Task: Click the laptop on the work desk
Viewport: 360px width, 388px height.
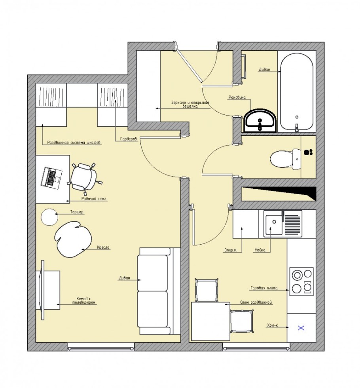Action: click(x=51, y=178)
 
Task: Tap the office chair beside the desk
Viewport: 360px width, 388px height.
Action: click(x=84, y=177)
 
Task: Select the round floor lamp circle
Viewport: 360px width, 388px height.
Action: click(x=49, y=217)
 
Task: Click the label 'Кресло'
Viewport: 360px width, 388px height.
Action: click(x=103, y=247)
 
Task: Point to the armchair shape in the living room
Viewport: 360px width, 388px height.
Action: click(x=73, y=239)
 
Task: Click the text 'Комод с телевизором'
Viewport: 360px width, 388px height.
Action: click(x=83, y=301)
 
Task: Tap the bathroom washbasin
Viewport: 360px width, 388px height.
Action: click(x=260, y=121)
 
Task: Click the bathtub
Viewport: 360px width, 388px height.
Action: click(x=297, y=91)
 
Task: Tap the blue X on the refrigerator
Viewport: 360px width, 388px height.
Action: click(x=301, y=328)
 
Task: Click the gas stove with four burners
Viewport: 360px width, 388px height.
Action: click(x=301, y=281)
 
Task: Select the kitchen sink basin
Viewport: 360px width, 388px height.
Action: click(x=274, y=225)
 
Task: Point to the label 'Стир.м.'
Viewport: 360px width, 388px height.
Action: click(x=230, y=250)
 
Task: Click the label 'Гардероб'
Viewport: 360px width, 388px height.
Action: click(x=129, y=139)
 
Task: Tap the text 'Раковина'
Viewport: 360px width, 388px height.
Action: click(x=237, y=97)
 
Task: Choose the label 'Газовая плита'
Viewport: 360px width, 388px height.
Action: click(x=264, y=288)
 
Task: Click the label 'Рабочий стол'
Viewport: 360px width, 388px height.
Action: click(x=94, y=199)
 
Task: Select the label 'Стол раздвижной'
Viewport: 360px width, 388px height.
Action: click(x=256, y=302)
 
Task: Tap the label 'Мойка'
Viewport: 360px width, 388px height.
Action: click(x=260, y=250)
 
